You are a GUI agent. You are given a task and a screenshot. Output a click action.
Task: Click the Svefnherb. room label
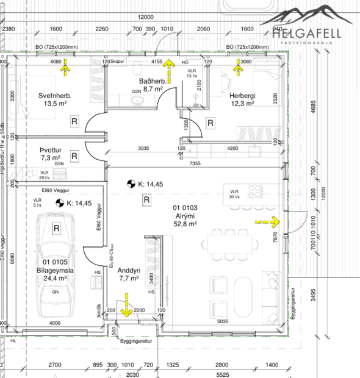click(56, 95)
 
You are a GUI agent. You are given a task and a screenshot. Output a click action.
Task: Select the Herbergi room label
click(242, 95)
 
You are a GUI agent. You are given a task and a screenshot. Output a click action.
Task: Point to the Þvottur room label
click(51, 149)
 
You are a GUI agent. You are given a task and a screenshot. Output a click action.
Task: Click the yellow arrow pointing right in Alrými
click(267, 223)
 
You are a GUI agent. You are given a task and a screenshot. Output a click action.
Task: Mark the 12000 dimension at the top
click(145, 17)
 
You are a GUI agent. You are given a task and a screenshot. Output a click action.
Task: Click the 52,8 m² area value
click(184, 224)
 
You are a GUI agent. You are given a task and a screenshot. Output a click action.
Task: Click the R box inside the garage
click(56, 229)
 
